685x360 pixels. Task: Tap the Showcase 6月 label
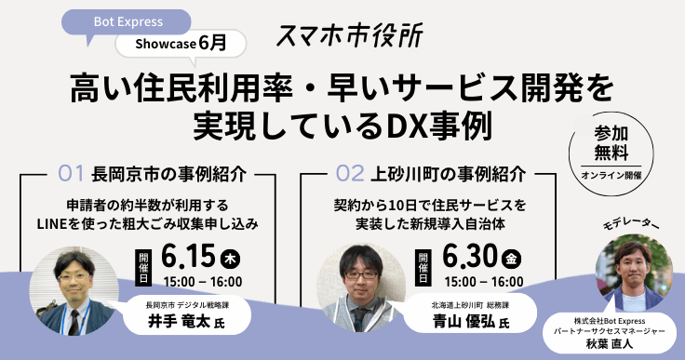pos(181,43)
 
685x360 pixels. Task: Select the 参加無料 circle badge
pos(611,149)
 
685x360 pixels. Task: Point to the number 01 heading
pos(72,172)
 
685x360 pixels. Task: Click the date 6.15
pos(188,254)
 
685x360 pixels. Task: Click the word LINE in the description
pos(75,223)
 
